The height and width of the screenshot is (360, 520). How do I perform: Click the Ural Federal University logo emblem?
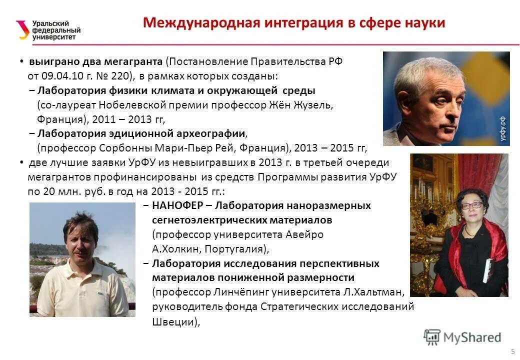click(22, 29)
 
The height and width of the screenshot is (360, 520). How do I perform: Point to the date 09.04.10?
click(58, 76)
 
